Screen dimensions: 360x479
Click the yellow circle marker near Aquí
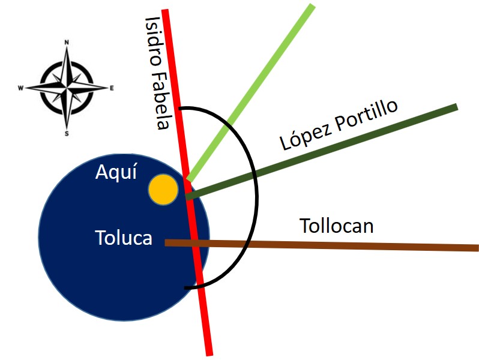pyautogui.click(x=163, y=190)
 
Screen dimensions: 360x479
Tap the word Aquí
pyautogui.click(x=116, y=173)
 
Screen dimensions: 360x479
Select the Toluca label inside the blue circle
pyautogui.click(x=124, y=238)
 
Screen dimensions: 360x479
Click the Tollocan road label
pyautogui.click(x=336, y=226)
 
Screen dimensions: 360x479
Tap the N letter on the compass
pyautogui.click(x=67, y=43)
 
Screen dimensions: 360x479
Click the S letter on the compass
pyautogui.click(x=67, y=134)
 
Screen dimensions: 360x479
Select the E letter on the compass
pyautogui.click(x=112, y=88)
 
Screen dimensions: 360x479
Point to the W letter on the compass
pyautogui.click(x=21, y=88)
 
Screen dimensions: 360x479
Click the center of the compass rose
pyautogui.click(x=67, y=88)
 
